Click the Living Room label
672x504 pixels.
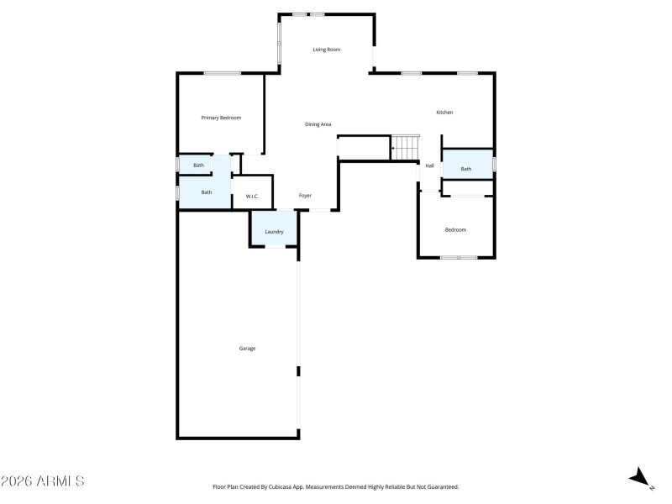[x=327, y=50]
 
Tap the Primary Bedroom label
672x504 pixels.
[x=221, y=118]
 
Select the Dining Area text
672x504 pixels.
[x=318, y=124]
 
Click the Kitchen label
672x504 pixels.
[x=444, y=113]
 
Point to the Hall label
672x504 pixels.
[x=429, y=165]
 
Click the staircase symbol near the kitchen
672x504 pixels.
[x=405, y=148]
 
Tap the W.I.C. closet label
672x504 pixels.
[x=252, y=197]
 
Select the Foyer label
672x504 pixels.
[x=305, y=196]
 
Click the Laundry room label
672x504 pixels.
[x=274, y=232]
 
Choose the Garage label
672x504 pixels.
[x=247, y=348]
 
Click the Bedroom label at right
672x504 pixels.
[x=455, y=229]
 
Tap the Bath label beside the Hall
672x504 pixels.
[x=466, y=169]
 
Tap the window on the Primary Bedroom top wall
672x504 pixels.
[x=223, y=73]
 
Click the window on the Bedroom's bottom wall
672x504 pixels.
[x=459, y=257]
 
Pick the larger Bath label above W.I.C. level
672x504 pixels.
[x=206, y=192]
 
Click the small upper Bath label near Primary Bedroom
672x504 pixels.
[x=198, y=165]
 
